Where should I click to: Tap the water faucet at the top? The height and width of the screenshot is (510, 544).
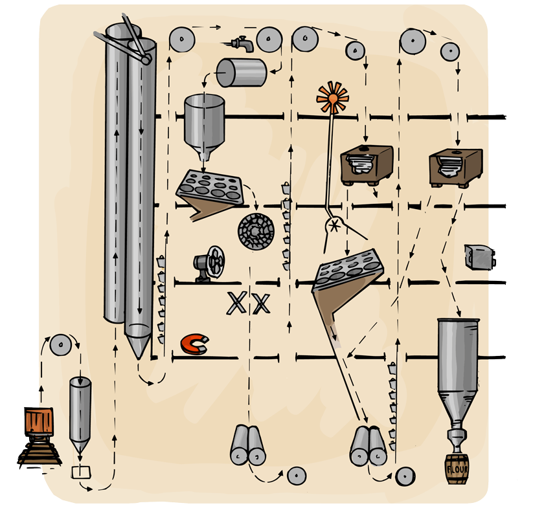tap(242, 43)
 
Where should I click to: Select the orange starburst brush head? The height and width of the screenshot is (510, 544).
tap(332, 98)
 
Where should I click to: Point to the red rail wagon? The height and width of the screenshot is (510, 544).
tap(36, 422)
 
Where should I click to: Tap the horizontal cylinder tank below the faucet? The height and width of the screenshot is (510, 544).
tap(241, 72)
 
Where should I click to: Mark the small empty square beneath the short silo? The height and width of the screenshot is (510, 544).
tap(80, 471)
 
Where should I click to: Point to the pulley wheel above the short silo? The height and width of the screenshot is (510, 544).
tap(60, 346)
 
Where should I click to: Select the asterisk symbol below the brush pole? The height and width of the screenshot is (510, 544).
tap(335, 226)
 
